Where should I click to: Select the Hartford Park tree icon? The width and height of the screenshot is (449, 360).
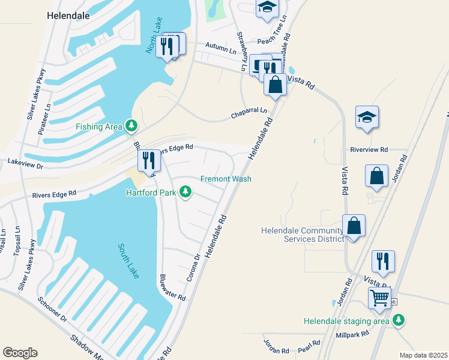point(186,192)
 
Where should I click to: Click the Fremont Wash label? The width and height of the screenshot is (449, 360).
point(226,179)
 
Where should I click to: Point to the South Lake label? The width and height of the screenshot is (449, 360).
point(128,260)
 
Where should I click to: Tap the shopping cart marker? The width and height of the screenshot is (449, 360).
point(380,298)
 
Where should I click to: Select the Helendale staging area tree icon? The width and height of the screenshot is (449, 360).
point(398,321)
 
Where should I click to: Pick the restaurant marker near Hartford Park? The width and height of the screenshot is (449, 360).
point(149,160)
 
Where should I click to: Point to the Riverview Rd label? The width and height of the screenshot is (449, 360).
point(369,149)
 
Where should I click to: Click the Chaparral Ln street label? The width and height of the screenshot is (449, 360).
point(249,113)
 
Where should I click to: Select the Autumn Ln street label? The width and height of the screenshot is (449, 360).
point(221,48)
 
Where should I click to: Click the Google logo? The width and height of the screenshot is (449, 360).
point(20,353)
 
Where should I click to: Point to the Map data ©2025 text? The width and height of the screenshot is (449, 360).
point(423,355)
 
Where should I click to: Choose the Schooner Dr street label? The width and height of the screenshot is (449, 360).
point(52,310)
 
